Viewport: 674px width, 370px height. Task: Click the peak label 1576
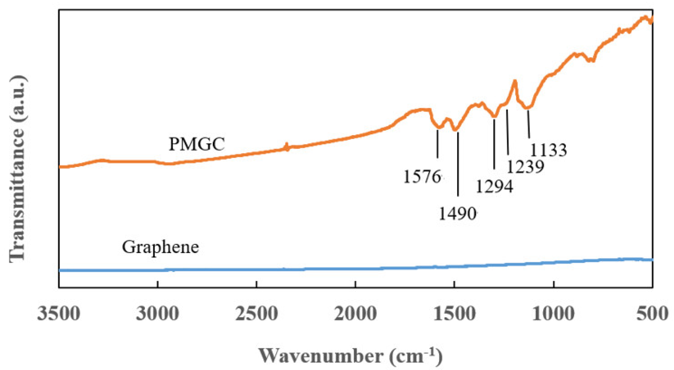point(422,177)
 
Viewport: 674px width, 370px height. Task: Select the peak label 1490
point(457,214)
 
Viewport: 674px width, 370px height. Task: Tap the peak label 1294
point(494,187)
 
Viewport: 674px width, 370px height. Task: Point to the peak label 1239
point(525,167)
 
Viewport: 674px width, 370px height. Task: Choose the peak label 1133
point(548,150)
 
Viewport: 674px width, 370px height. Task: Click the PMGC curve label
point(197,144)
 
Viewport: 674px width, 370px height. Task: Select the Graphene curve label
point(160,248)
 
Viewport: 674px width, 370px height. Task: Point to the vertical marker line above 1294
point(494,144)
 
